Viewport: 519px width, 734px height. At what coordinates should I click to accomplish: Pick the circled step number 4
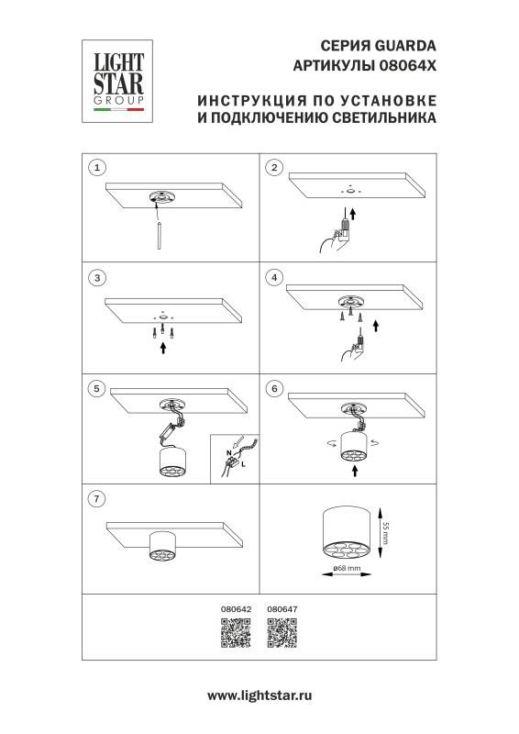point(272,276)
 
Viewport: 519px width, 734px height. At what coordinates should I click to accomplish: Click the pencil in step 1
point(160,236)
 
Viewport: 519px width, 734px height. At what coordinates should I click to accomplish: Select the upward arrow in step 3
point(163,347)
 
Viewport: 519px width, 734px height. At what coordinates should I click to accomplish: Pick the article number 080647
point(282,608)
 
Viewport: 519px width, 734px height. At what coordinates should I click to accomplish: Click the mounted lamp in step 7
point(162,548)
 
